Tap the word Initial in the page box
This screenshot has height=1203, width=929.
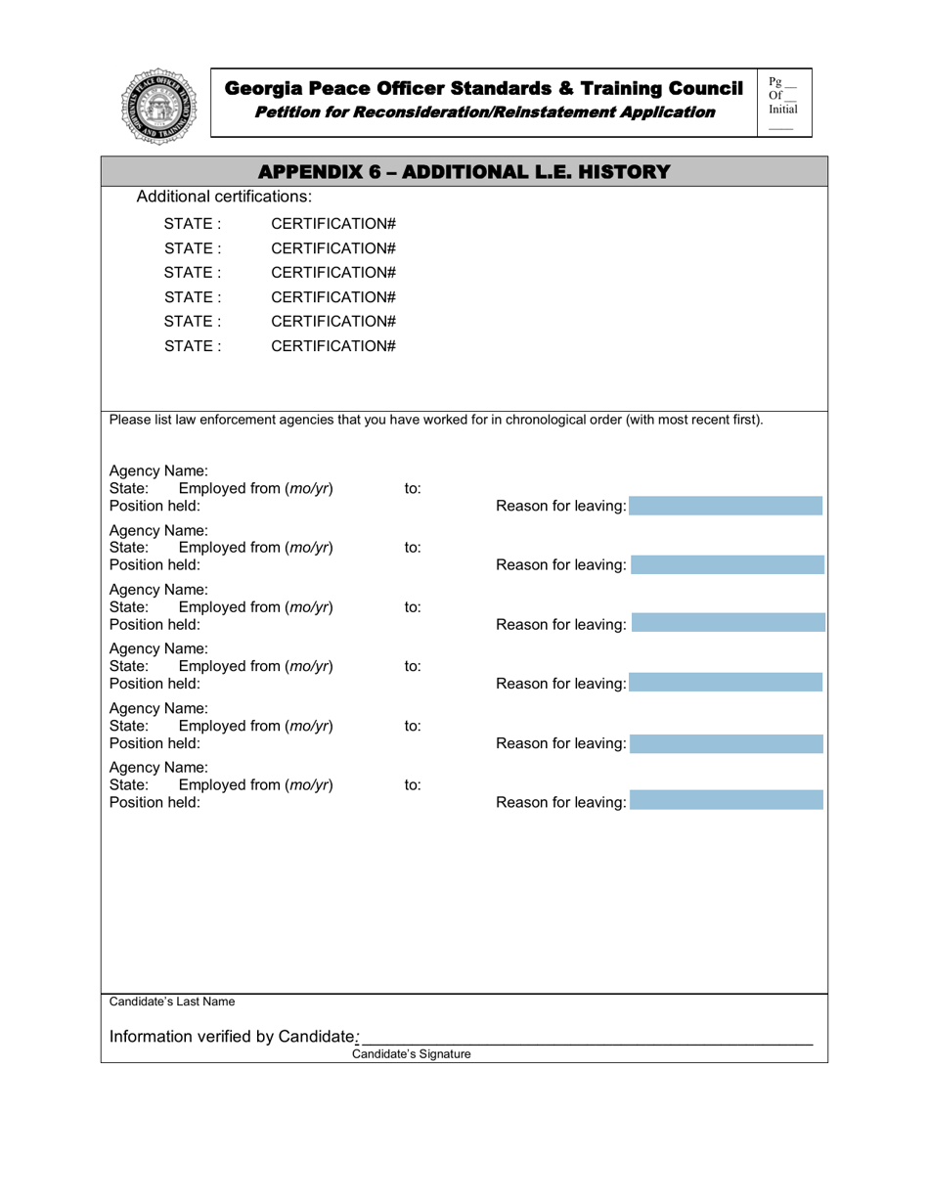coord(782,110)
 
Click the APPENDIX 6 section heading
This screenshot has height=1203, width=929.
coord(465,172)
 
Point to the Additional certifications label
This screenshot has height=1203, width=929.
coord(224,197)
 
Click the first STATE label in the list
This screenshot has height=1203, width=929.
coord(192,224)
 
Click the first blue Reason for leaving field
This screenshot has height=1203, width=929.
coord(727,506)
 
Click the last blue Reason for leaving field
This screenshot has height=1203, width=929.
coord(727,802)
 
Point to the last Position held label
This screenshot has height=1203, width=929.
coord(155,802)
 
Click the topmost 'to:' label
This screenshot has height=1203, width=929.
coord(413,488)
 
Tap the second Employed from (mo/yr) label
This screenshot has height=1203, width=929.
coord(255,548)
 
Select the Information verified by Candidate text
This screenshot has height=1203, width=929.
coord(231,1036)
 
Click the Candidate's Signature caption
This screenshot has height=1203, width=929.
coord(411,1054)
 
